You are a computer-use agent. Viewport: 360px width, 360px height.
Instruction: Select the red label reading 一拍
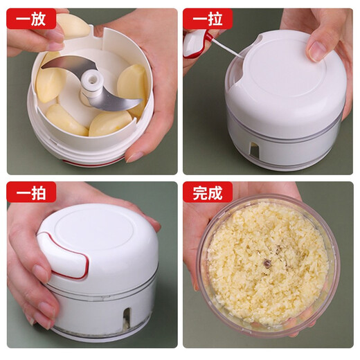click(31, 192)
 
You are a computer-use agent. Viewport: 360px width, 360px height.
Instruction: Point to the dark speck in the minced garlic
click(267, 262)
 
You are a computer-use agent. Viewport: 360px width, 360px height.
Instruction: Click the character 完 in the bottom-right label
click(199, 192)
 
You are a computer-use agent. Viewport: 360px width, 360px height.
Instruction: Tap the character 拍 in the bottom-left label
click(39, 192)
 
